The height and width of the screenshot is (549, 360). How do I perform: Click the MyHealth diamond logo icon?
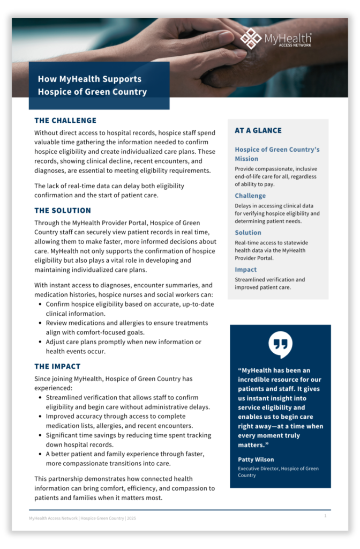pyautogui.click(x=251, y=38)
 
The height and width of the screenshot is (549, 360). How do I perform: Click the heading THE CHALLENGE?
pyautogui.click(x=65, y=121)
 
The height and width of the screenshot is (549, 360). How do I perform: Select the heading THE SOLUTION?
pyautogui.click(x=63, y=211)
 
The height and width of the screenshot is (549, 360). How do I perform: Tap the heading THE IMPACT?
pyautogui.click(x=57, y=367)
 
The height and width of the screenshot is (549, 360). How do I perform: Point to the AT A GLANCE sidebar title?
pyautogui.click(x=258, y=130)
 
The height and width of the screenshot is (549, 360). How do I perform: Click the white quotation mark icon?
pyautogui.click(x=280, y=345)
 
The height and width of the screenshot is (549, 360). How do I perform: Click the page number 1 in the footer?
pyautogui.click(x=325, y=516)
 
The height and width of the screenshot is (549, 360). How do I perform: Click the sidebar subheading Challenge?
pyautogui.click(x=250, y=196)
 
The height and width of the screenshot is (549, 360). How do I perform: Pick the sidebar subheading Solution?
pyautogui.click(x=248, y=233)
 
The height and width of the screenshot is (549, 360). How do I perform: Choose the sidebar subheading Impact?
pyautogui.click(x=246, y=270)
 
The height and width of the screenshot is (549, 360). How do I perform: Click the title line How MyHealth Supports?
pyautogui.click(x=89, y=79)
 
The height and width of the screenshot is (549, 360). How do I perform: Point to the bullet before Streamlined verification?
pyautogui.click(x=41, y=398)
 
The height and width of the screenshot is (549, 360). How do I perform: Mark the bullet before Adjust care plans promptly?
pyautogui.click(x=41, y=342)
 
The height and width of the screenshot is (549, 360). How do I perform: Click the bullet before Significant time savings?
pyautogui.click(x=41, y=435)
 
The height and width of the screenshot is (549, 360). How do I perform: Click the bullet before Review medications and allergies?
pyautogui.click(x=41, y=323)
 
